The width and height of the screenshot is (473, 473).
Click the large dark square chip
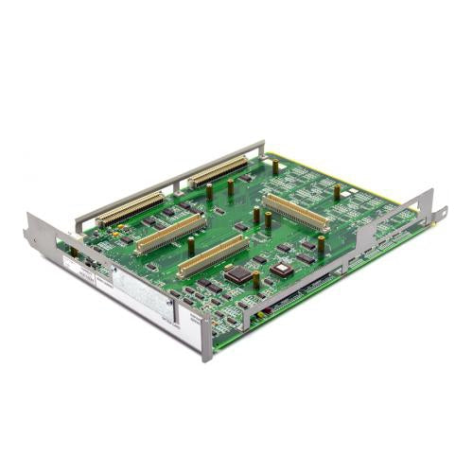pyautogui.click(x=242, y=273)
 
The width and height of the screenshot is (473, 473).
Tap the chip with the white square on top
pyautogui.click(x=281, y=269)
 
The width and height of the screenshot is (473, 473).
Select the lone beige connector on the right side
pyautogui.click(x=296, y=212)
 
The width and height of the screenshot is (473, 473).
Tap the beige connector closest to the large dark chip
pyautogui.click(x=212, y=256)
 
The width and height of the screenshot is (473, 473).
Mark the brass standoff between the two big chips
pyautogui.click(x=256, y=280)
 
